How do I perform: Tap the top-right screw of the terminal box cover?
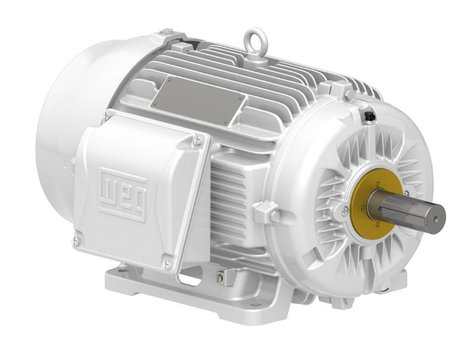(x=198, y=139)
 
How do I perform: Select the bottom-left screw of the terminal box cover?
(x=77, y=238)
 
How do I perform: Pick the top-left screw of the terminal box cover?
(x=105, y=118)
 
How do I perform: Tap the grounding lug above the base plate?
(x=221, y=278)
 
